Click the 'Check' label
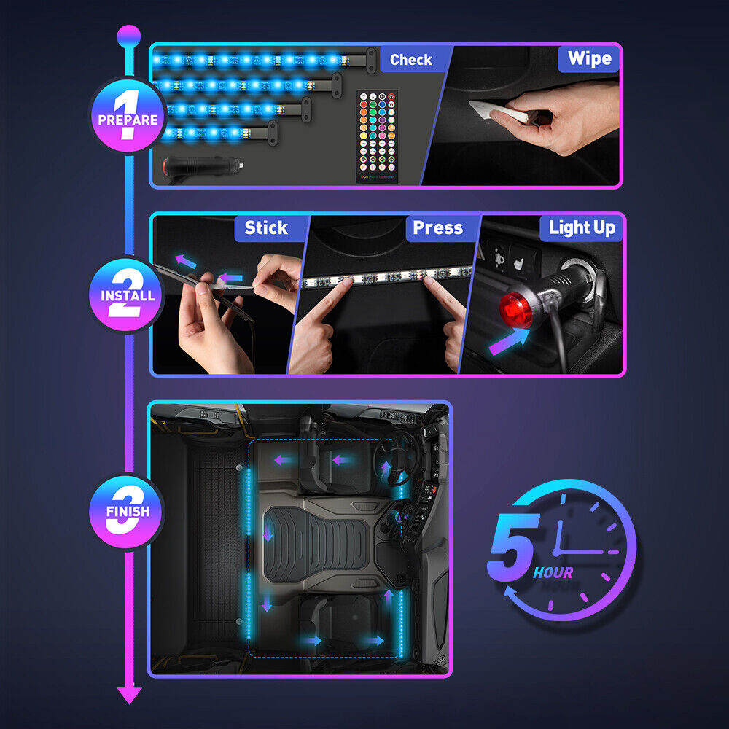[x=410, y=60]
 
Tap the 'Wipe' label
[x=589, y=58]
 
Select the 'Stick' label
[x=266, y=228]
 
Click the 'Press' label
[x=437, y=228]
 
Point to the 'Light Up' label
[x=582, y=228]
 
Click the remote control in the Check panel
[x=378, y=136]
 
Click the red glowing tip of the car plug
[x=516, y=309]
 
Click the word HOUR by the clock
[x=553, y=573]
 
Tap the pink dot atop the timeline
[x=129, y=34]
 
